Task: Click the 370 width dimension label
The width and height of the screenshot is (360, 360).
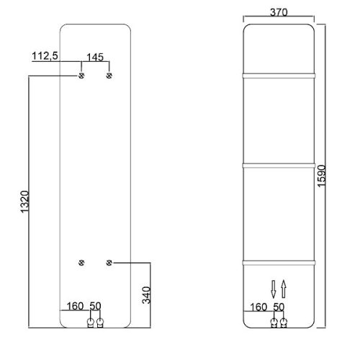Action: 279,12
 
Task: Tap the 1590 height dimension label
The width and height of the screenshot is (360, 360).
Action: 321,176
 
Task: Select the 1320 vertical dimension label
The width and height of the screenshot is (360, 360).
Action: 24,202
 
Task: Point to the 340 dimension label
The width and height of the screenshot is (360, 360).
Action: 146,295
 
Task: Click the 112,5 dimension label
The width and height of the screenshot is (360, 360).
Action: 45,56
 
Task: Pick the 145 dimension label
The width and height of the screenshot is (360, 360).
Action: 95,58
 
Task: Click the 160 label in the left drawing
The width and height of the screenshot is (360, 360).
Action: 75,306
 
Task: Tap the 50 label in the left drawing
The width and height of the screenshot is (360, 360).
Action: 95,306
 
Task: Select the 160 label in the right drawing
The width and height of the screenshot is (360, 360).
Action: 258,307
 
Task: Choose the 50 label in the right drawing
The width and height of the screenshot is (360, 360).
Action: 279,307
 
